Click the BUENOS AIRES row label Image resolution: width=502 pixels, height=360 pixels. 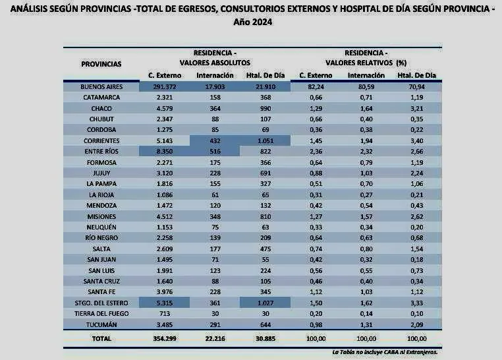tap(101, 86)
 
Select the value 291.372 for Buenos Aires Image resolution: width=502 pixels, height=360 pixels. tap(165, 86)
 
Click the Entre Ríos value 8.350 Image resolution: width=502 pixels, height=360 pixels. tap(165, 152)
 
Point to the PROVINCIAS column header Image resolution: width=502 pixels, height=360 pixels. tap(101, 64)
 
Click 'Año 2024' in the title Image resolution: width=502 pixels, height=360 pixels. tap(252, 22)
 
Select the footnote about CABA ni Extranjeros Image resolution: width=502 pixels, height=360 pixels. tap(385, 353)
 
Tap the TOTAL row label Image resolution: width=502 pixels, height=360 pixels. tap(101, 338)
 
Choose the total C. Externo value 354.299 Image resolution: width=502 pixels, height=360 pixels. tap(165, 338)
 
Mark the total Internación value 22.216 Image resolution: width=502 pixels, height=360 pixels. tap(215, 338)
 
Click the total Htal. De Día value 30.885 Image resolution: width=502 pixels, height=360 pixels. tap(267, 338)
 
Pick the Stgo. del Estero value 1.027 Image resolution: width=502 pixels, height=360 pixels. tap(267, 302)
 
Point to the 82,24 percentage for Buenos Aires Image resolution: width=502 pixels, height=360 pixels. tap(316, 86)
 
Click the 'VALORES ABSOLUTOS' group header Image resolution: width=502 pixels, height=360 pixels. tap(215, 63)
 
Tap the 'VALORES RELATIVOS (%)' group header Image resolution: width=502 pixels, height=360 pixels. tap(366, 63)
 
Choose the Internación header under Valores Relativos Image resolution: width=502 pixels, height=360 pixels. tap(366, 75)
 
